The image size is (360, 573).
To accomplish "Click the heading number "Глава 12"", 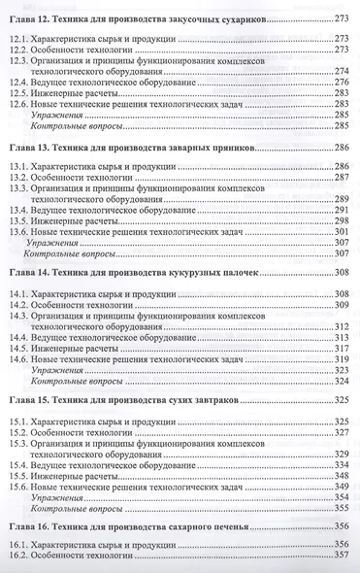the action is (31, 19).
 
